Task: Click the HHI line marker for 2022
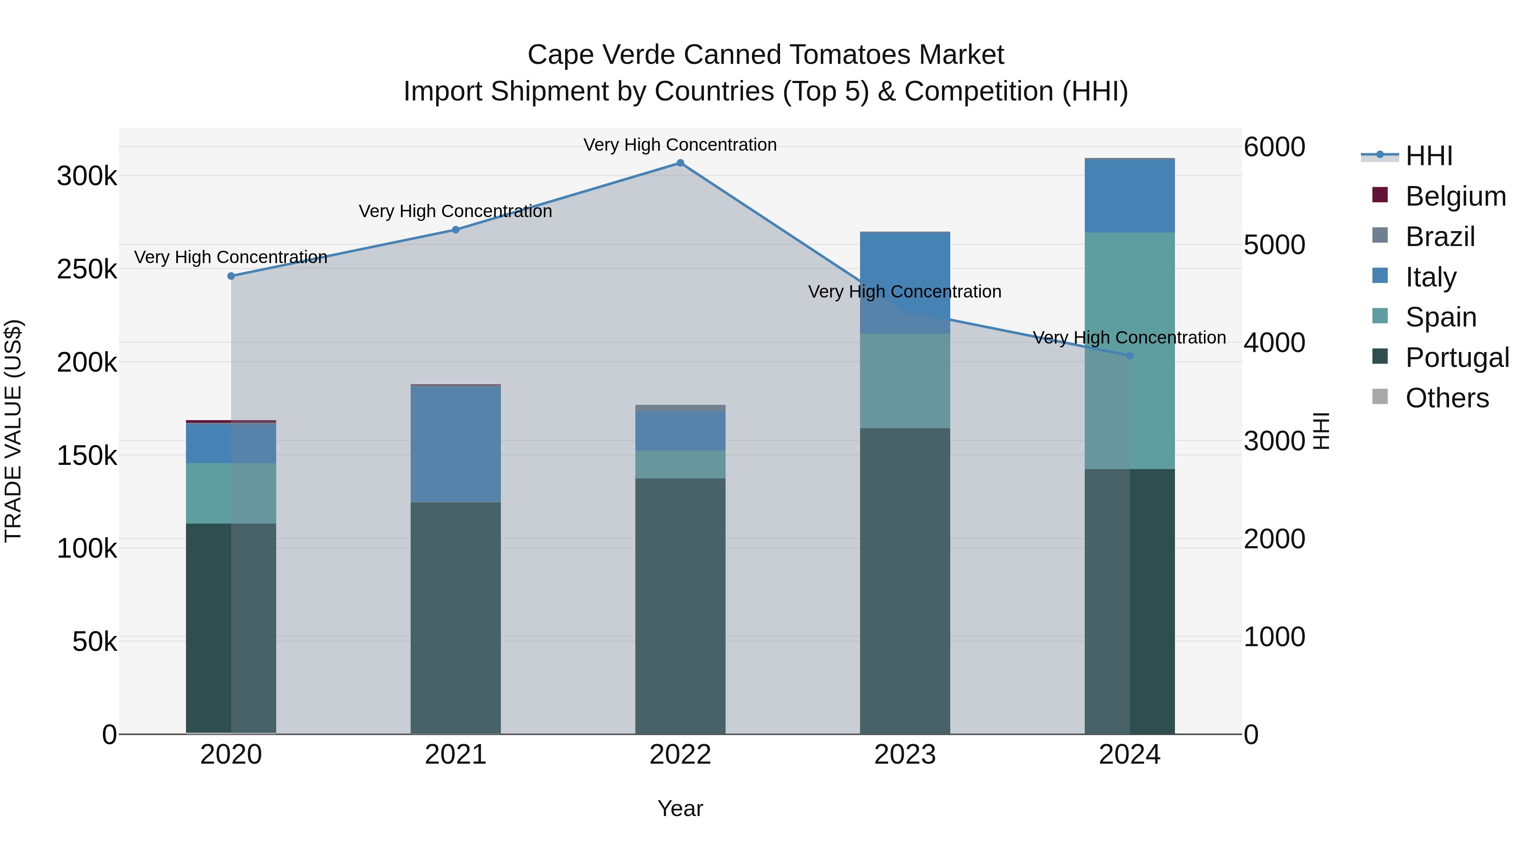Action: tap(680, 163)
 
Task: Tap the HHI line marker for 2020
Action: tap(232, 276)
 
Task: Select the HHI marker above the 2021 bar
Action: tap(455, 229)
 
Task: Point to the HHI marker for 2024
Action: tap(1130, 356)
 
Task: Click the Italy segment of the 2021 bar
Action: tap(455, 444)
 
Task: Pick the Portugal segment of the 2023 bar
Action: tap(905, 581)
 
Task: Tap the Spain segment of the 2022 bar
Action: tap(680, 464)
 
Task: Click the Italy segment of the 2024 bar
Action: tap(1130, 196)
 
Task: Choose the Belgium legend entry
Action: tap(1455, 196)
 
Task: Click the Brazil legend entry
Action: tap(1439, 237)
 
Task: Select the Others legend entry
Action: tap(1446, 398)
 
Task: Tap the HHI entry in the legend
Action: tap(1429, 156)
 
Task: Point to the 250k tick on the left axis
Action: tap(87, 269)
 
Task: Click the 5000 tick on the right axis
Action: tap(1274, 245)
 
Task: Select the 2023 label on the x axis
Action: tap(905, 755)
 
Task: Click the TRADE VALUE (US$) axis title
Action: tap(13, 431)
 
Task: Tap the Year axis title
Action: tap(680, 808)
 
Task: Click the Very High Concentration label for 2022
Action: tap(680, 145)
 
